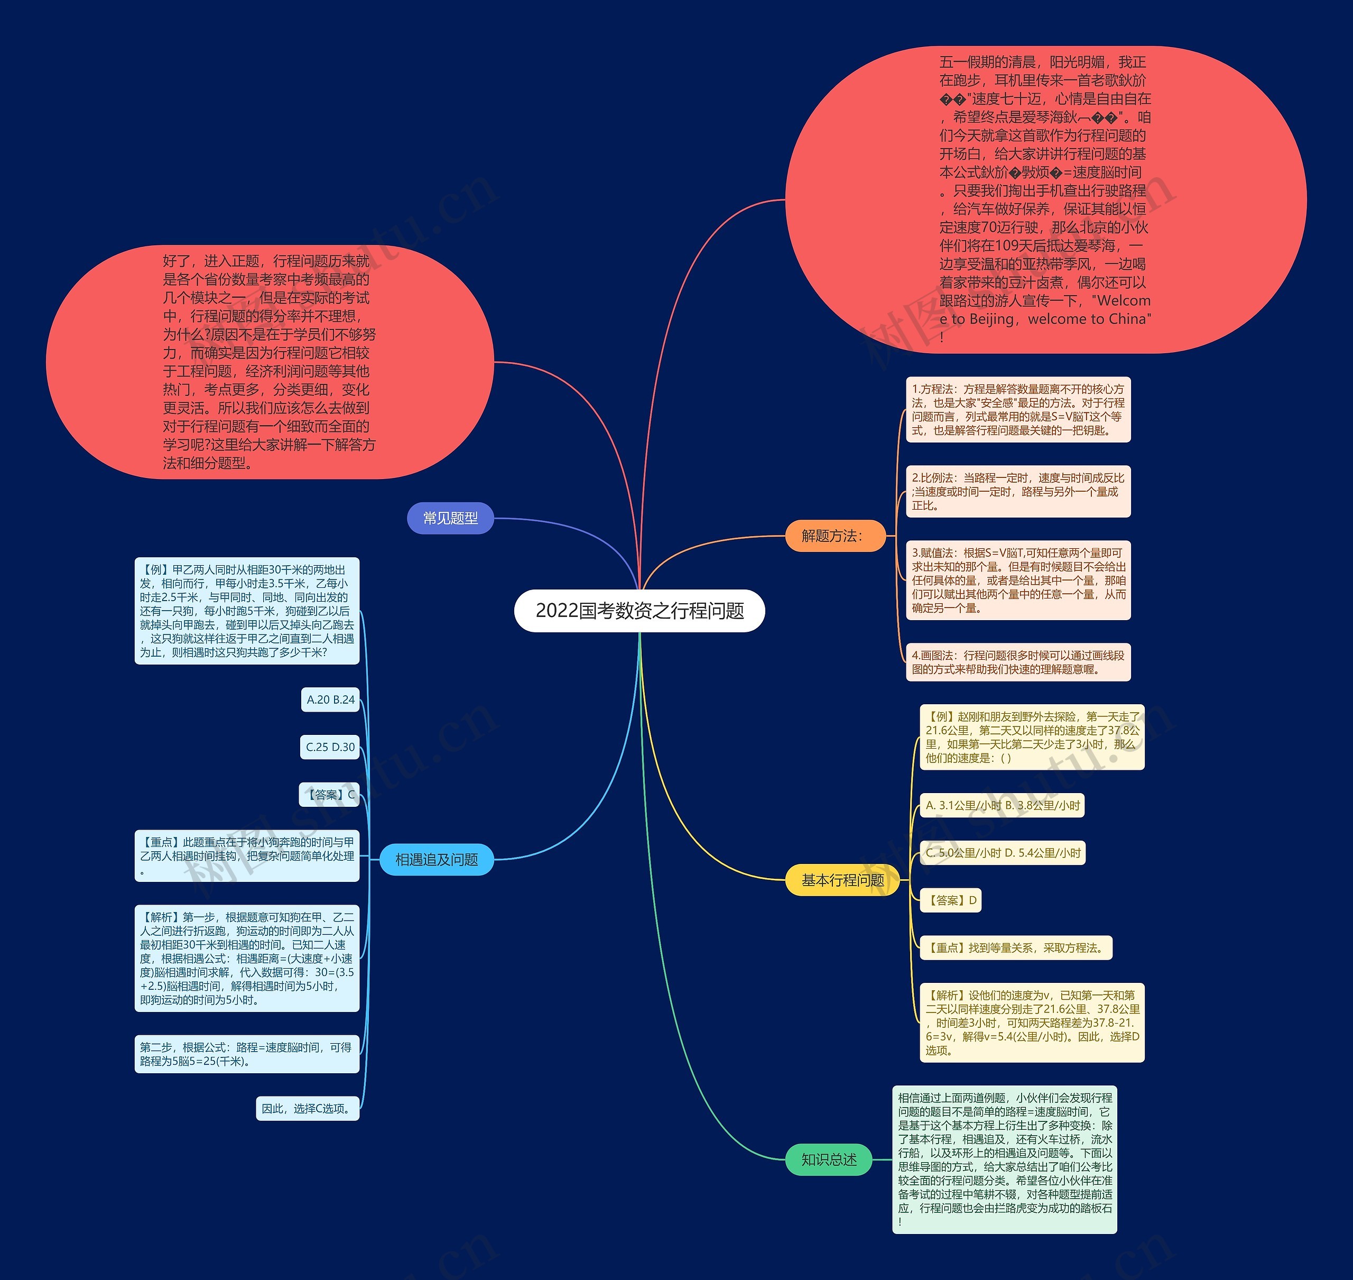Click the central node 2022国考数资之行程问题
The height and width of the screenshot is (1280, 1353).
639,611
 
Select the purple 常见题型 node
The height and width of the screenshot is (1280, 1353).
450,519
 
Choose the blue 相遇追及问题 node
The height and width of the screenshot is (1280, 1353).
437,860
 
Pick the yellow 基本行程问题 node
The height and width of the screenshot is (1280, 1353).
842,880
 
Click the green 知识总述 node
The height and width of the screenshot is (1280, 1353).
829,1159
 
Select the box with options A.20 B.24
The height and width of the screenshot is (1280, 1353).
331,700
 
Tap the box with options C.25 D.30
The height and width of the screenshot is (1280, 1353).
330,747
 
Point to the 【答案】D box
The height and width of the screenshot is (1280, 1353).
951,900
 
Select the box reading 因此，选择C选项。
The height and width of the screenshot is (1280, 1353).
308,1109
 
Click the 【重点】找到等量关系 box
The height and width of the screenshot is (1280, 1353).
1015,948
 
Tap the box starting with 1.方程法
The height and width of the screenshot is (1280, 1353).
1018,409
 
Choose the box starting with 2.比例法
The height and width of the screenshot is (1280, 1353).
1018,491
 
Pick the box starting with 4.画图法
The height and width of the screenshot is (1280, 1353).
1018,662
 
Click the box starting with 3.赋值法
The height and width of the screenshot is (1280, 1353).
1018,580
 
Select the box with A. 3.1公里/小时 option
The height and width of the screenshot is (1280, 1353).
1002,805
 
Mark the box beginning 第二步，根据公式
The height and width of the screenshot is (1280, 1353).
247,1054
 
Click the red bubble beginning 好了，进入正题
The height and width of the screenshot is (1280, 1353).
270,362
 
